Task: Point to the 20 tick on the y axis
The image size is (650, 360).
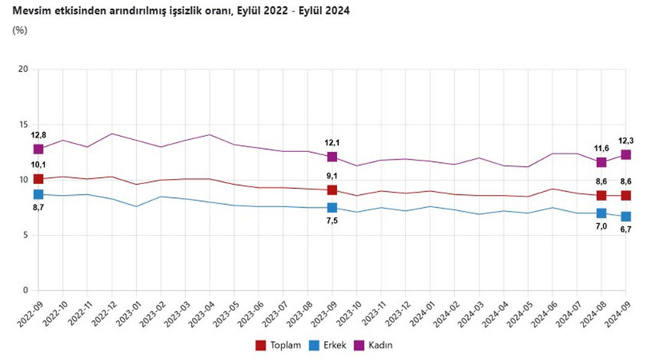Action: click(23, 70)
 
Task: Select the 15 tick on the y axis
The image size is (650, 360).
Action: click(23, 125)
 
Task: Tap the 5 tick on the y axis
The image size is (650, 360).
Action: click(25, 235)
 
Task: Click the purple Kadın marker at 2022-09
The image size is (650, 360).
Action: click(38, 149)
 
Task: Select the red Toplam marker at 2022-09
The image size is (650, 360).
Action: click(38, 179)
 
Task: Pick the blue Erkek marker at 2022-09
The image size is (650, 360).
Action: click(38, 195)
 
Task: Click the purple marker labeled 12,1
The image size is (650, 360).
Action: click(332, 157)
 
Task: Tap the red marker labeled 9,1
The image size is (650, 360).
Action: click(332, 190)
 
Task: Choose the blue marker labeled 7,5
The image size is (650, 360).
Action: click(332, 208)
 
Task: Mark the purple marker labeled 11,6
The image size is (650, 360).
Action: click(602, 162)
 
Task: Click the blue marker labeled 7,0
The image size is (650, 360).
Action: click(602, 213)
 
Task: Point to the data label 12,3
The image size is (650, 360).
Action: click(626, 140)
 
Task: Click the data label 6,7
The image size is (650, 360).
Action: click(626, 229)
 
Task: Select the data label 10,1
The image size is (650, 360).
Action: click(37, 165)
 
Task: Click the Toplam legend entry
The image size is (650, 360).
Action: click(277, 345)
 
